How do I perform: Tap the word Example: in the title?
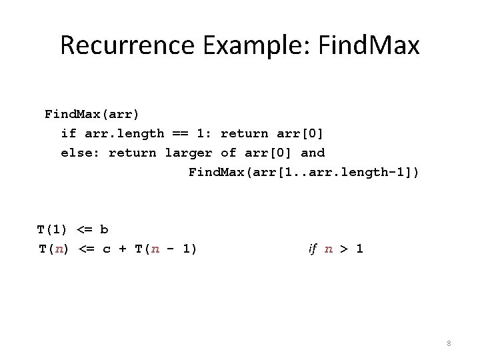pos(243,45)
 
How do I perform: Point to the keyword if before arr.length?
pos(68,133)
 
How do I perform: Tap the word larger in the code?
pos(188,153)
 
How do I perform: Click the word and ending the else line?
pos(313,153)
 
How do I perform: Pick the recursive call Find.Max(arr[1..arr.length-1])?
pos(304,173)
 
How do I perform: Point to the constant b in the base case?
pos(104,230)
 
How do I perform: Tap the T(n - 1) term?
pos(165,249)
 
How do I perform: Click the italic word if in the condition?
pos(312,249)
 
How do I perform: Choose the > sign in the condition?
pos(343,249)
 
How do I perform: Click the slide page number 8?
pos(449,343)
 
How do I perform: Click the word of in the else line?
pos(228,153)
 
